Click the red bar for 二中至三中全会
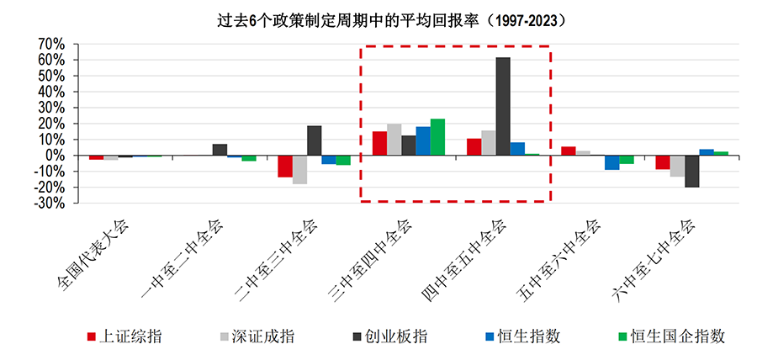(x=285, y=167)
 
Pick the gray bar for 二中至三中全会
(x=299, y=170)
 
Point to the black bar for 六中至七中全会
(x=691, y=171)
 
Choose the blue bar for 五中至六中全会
(x=611, y=162)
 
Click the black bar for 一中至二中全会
(x=220, y=150)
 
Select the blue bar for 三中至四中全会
(x=423, y=141)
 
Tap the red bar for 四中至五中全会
(x=474, y=147)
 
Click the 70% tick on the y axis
(x=51, y=43)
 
